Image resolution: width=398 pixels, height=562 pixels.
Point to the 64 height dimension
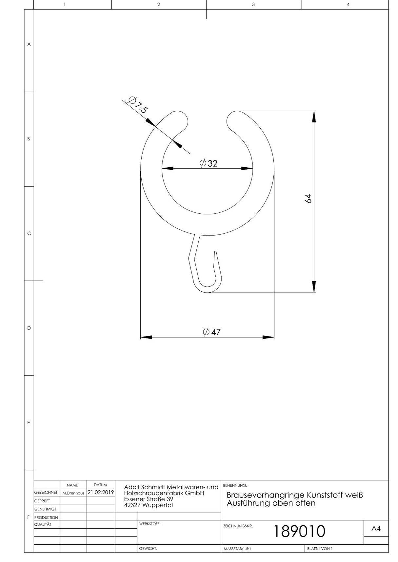click(308, 198)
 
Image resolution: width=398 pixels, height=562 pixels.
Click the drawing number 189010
click(299, 531)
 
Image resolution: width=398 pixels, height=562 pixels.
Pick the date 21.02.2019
click(101, 492)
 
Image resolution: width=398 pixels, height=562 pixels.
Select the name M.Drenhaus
click(73, 493)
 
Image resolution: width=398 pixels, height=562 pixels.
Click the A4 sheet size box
click(376, 528)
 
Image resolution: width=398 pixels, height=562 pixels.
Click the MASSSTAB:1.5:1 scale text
click(237, 549)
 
